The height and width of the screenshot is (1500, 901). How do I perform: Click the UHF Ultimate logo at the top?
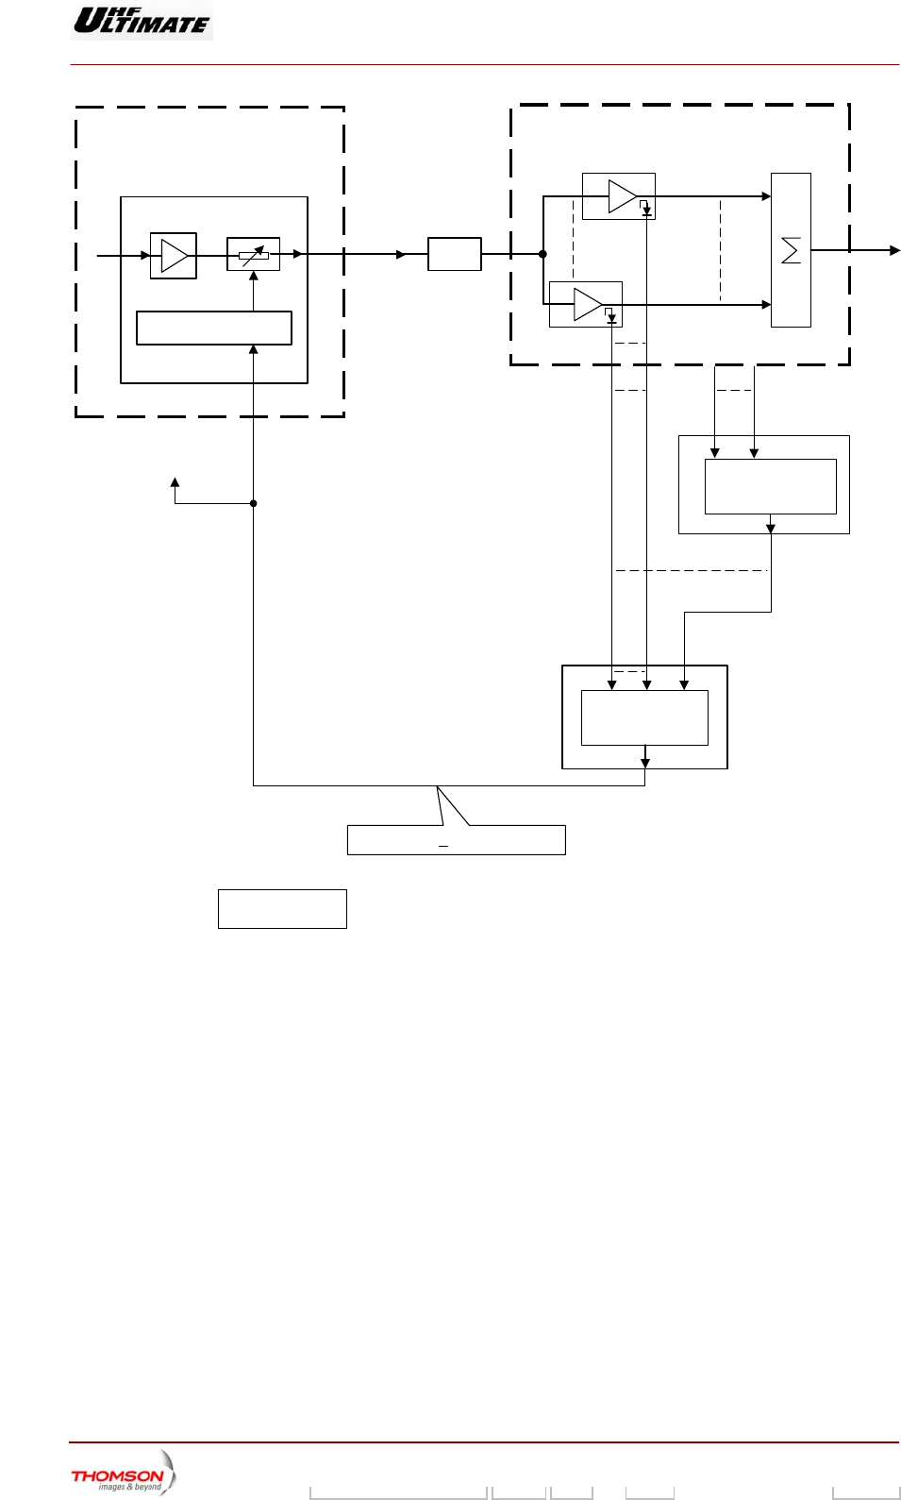click(142, 20)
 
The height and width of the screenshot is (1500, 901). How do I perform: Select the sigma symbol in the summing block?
click(791, 250)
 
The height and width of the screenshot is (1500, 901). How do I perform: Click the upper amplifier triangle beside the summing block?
click(622, 196)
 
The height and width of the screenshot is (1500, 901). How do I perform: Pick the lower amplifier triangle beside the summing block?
click(587, 304)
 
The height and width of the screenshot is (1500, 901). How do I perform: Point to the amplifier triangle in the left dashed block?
click(174, 255)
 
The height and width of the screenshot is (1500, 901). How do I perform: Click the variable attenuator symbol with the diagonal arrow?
click(253, 254)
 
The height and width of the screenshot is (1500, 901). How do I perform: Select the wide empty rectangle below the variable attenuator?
click(214, 328)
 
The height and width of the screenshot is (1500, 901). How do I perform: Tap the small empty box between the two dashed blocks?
click(455, 254)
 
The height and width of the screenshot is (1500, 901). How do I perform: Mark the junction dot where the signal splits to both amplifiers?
click(542, 254)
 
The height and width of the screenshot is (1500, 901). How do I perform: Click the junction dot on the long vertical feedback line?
click(253, 503)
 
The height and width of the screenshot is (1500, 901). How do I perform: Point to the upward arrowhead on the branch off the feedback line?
click(175, 482)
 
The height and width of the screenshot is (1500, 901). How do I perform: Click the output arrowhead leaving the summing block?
click(894, 250)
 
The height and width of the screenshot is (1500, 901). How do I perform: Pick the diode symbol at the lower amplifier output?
click(611, 318)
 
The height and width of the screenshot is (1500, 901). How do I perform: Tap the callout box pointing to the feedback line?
click(456, 839)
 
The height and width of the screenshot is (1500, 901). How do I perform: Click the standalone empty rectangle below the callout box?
click(282, 908)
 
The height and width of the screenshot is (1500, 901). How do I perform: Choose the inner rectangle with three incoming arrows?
click(644, 717)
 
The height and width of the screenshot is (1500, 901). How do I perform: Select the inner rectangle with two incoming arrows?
click(770, 486)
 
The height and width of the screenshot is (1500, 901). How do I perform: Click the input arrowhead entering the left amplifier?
click(145, 255)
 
